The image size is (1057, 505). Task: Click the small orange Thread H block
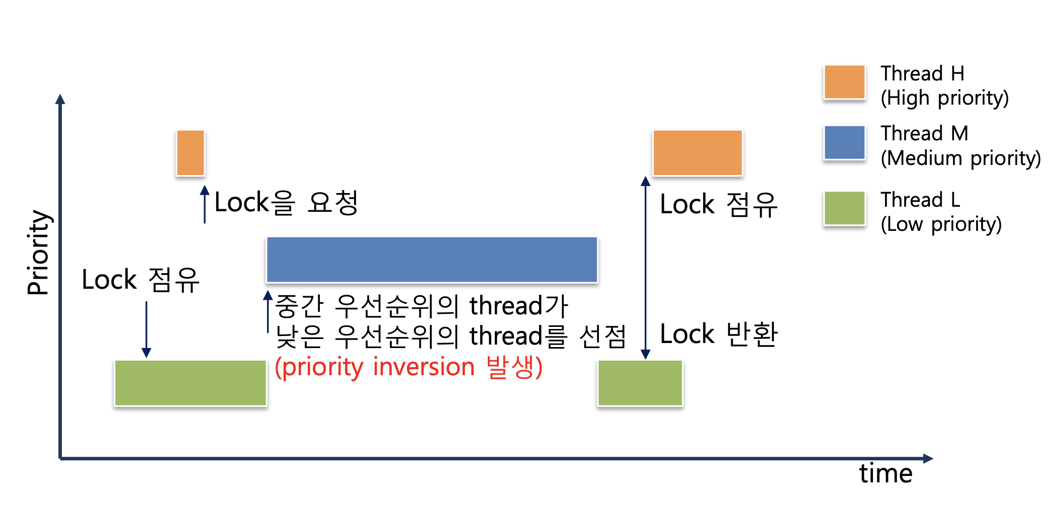point(190,153)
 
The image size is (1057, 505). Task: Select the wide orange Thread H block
point(697,153)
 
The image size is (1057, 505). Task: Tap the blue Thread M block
point(431,260)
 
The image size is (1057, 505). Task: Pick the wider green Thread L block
point(190,383)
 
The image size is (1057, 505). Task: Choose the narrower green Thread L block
point(640,383)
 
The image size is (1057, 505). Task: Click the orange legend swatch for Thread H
point(844,82)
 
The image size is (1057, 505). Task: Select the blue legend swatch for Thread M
point(844,142)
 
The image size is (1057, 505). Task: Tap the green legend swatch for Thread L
point(844,208)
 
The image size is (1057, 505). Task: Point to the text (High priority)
point(944,98)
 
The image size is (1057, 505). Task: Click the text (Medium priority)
point(960,158)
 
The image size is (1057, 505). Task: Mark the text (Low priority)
point(941,224)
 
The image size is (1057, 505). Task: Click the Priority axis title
point(38,252)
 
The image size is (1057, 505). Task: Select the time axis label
point(886,473)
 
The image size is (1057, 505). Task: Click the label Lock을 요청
point(286,203)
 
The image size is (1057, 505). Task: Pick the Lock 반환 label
point(719,334)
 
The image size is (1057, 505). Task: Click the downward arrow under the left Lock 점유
point(146,329)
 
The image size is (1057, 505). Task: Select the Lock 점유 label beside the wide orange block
point(719,205)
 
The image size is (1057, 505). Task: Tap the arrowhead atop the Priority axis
point(60,99)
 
